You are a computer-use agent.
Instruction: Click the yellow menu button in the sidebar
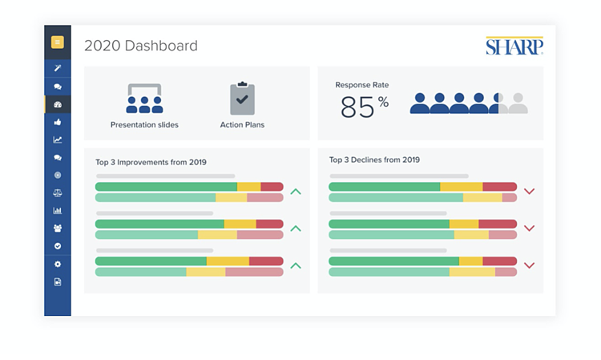(x=58, y=42)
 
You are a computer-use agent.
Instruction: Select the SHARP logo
(x=514, y=46)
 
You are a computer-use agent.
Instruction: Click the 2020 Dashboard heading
(x=141, y=46)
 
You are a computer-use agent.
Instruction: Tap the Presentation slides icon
(x=144, y=99)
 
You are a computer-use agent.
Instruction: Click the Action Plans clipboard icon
(x=242, y=98)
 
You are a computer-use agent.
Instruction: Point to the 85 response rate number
(x=357, y=107)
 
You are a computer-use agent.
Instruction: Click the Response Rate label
(x=362, y=85)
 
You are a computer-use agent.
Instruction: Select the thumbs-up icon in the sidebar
(x=58, y=122)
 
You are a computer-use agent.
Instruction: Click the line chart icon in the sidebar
(x=58, y=140)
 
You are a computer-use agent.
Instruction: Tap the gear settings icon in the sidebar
(x=58, y=264)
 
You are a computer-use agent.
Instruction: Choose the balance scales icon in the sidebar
(x=58, y=193)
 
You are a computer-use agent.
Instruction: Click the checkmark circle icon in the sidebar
(x=58, y=246)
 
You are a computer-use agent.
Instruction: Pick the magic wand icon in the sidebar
(x=58, y=68)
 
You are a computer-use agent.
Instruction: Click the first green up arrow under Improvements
(x=296, y=192)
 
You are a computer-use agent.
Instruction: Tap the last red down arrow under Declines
(x=530, y=265)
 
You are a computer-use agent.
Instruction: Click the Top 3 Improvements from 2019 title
(x=151, y=162)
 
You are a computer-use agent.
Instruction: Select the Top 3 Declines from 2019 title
(x=374, y=160)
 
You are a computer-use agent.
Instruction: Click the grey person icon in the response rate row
(x=518, y=103)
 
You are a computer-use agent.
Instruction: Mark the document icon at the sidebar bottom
(x=58, y=282)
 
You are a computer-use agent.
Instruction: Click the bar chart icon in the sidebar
(x=58, y=211)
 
